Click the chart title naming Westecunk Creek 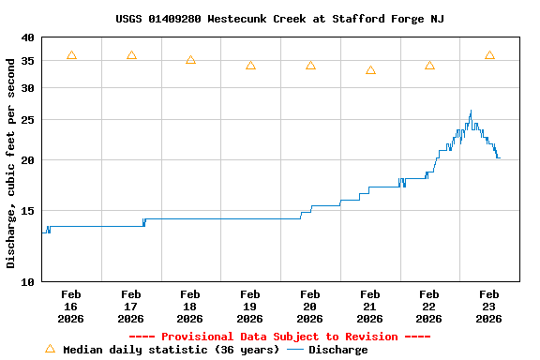[279, 19]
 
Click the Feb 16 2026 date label [71, 307]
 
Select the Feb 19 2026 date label [250, 307]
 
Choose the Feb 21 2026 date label [369, 307]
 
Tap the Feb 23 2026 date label [489, 307]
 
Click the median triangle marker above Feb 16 [71, 55]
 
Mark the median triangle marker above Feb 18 [190, 60]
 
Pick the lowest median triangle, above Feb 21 [370, 70]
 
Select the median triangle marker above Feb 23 [489, 55]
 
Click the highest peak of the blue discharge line [471, 111]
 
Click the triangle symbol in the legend [50, 349]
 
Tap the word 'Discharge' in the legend [337, 350]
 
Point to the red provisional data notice [279, 337]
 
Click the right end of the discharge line [500, 157]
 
